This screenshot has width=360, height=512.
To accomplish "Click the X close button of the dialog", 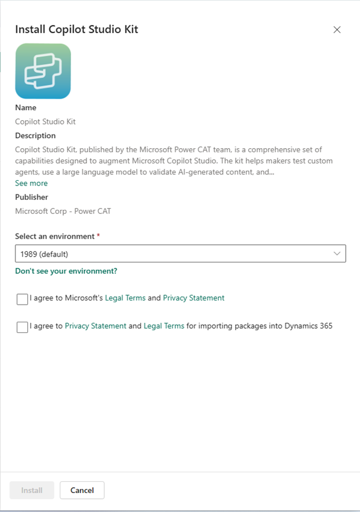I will tap(337, 30).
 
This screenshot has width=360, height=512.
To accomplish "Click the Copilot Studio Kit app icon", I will tap(43, 71).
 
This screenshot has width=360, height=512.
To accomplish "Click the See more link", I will tap(31, 184).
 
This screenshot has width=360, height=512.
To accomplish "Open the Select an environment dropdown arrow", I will tap(337, 254).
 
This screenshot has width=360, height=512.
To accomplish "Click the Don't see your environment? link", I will tap(66, 271).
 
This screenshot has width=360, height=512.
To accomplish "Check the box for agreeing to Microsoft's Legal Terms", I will tap(22, 299).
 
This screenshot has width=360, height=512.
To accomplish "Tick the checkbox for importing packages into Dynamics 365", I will tap(22, 327).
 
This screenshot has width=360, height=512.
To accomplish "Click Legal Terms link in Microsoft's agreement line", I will tap(125, 298).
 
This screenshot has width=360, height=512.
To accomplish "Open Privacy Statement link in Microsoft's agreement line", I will tap(194, 298).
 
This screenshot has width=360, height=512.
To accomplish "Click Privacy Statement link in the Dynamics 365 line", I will tap(95, 325).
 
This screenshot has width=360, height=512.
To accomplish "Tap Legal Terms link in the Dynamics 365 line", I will tap(164, 325).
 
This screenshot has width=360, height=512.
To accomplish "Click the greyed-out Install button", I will tap(32, 490).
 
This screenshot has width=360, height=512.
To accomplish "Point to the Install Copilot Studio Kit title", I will tap(76, 29).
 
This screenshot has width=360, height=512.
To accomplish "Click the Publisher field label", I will tap(31, 197).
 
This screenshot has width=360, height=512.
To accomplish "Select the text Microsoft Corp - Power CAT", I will tap(63, 211).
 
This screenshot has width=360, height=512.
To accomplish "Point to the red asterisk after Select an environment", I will tap(98, 236).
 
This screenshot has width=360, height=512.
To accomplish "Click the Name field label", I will tap(25, 108).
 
